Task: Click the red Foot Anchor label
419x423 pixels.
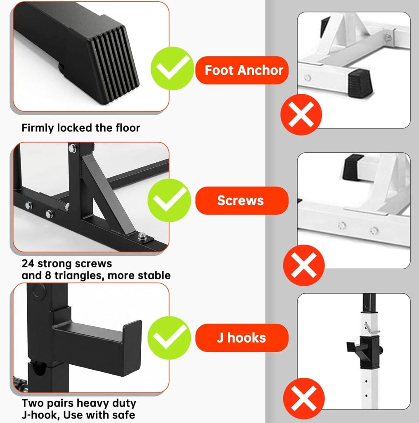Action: click(x=242, y=70)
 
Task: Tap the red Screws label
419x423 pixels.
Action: click(x=242, y=200)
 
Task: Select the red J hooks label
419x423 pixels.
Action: click(x=242, y=338)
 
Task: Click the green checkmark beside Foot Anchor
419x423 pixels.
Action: click(x=172, y=68)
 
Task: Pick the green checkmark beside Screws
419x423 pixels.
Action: click(x=169, y=200)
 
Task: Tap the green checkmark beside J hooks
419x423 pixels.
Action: click(x=169, y=338)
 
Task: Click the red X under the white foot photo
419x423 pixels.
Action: click(x=301, y=114)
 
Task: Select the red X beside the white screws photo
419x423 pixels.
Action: click(x=303, y=265)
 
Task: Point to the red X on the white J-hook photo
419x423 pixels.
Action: click(x=303, y=399)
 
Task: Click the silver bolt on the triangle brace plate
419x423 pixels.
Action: click(x=142, y=237)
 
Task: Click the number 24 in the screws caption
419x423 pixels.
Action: click(x=28, y=264)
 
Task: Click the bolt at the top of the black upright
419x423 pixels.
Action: click(x=72, y=148)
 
